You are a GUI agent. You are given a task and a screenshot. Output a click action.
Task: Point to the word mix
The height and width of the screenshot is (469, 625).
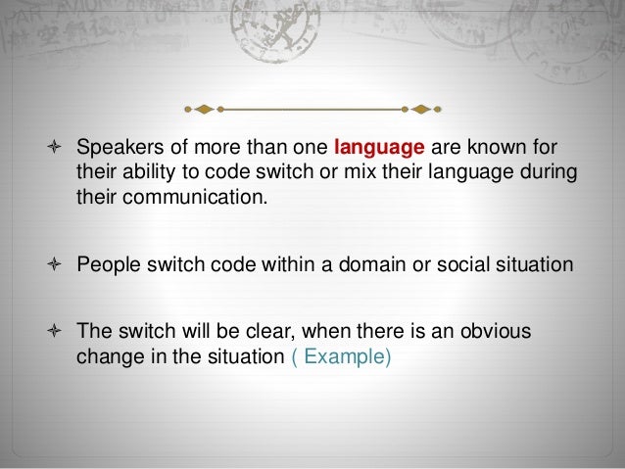pyautogui.click(x=337, y=172)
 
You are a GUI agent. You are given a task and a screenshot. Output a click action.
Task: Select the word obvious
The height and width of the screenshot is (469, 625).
pyautogui.click(x=498, y=333)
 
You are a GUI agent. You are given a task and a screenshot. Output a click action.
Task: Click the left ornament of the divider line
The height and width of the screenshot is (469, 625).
pyautogui.click(x=204, y=107)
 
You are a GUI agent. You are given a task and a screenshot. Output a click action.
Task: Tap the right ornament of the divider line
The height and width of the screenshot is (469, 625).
pyautogui.click(x=421, y=107)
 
